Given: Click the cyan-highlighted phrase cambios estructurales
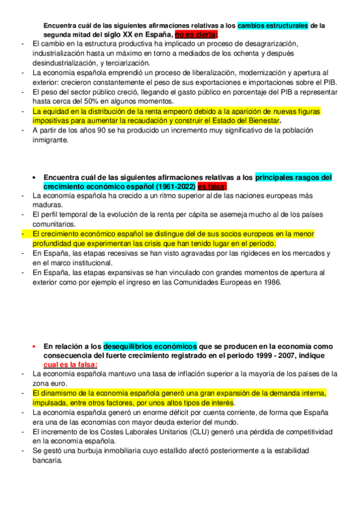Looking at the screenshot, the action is (273, 26).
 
